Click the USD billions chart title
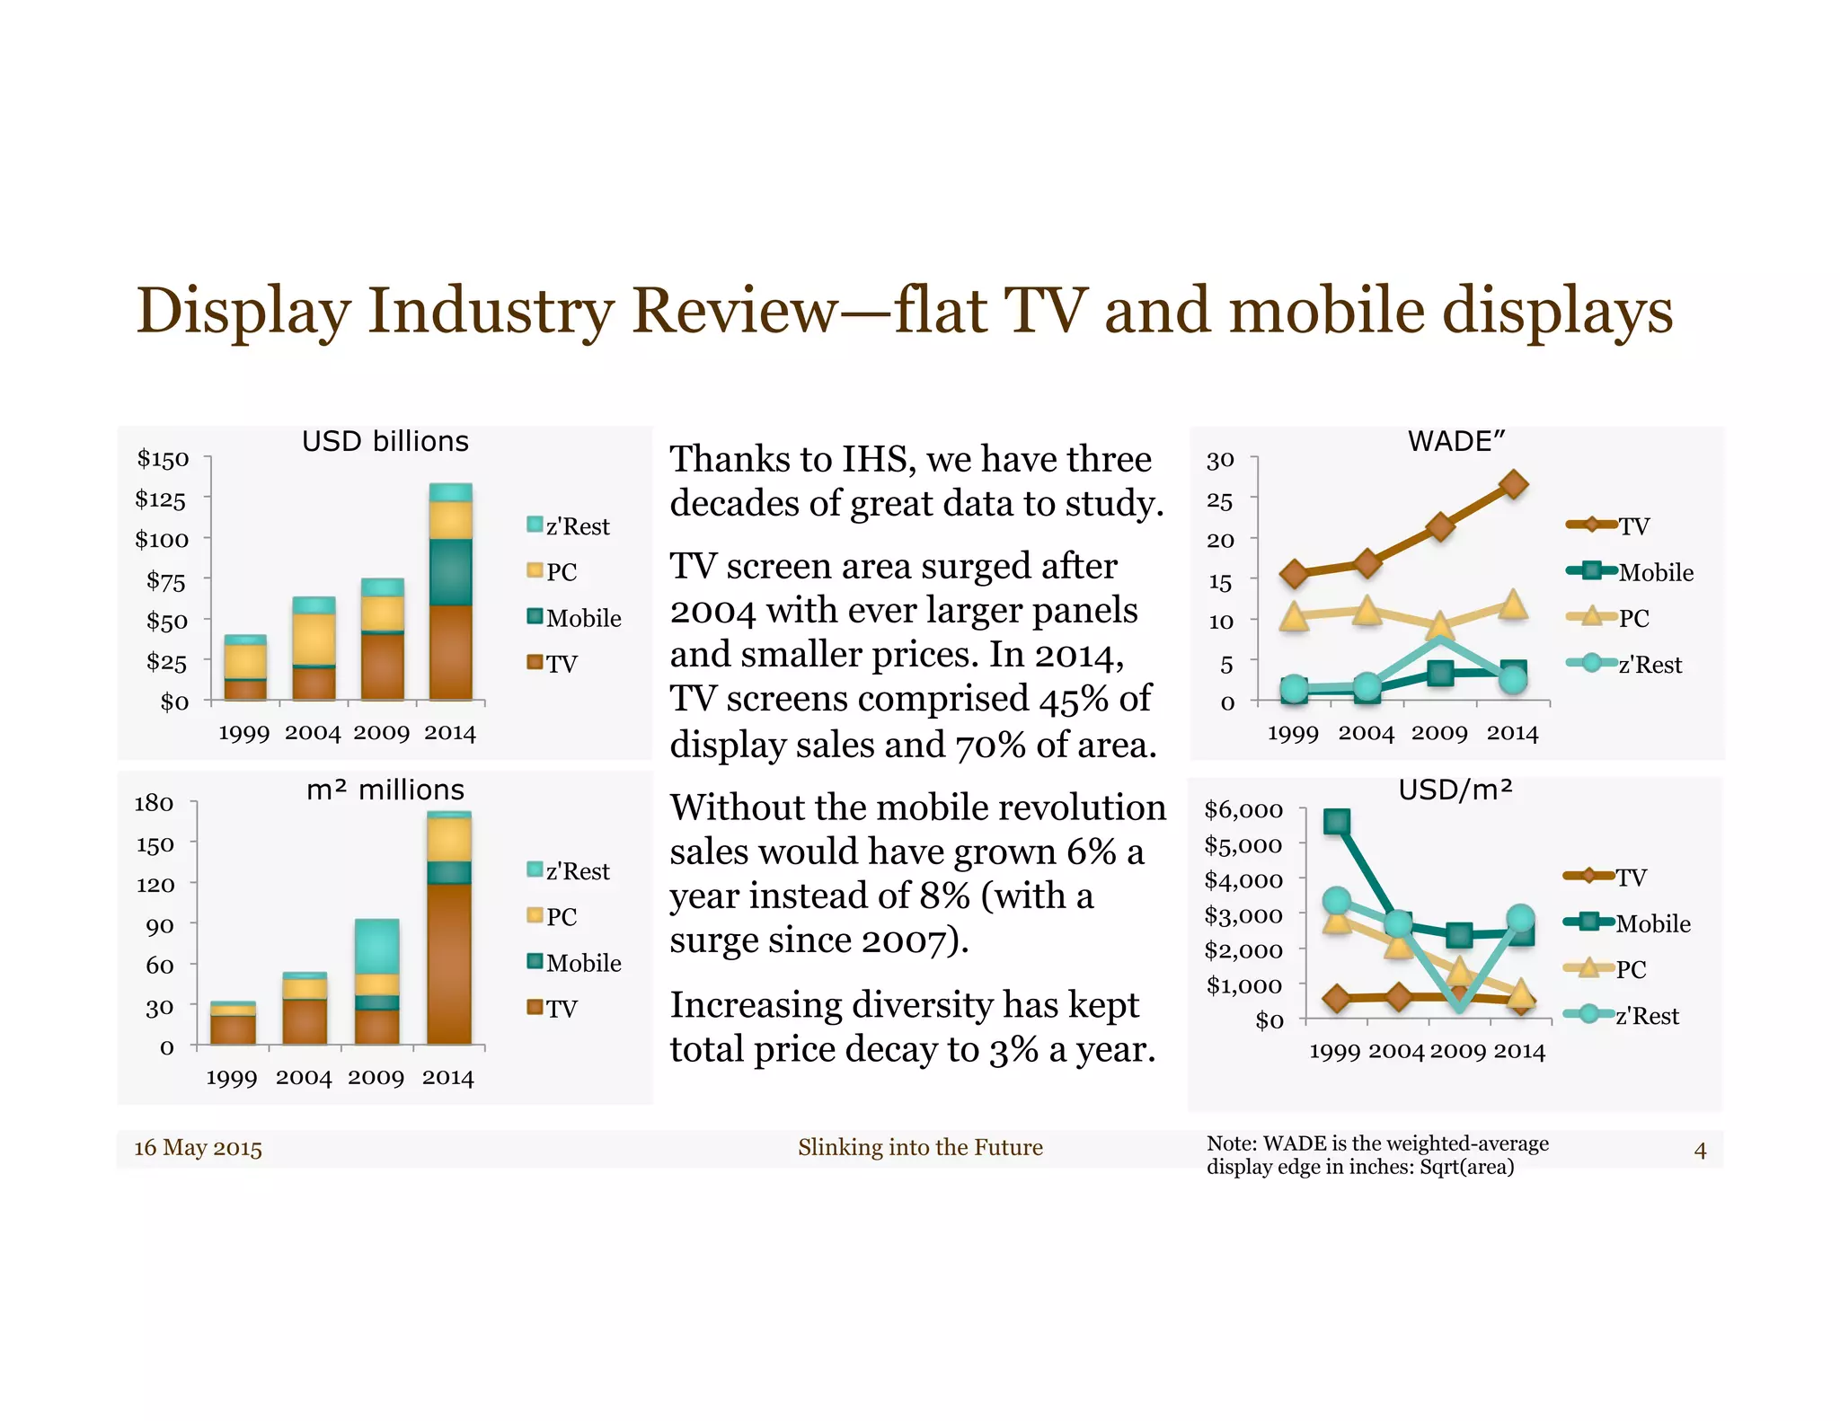coord(385,441)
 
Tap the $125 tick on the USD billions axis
coord(161,499)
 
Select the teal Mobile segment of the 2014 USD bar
coord(450,571)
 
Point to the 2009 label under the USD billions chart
coord(381,733)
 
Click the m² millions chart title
coord(385,790)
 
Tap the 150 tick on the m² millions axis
coord(155,844)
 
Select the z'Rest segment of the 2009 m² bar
coord(376,945)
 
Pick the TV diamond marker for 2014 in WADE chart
coord(1514,484)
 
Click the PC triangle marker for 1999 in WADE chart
coord(1294,616)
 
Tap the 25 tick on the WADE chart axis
coord(1219,500)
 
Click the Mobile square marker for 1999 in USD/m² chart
coord(1337,821)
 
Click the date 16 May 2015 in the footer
coord(198,1148)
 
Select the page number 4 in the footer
coord(1700,1150)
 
